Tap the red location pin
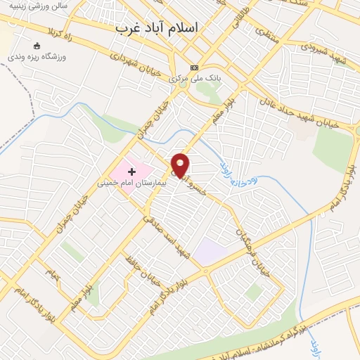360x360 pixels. [181, 165]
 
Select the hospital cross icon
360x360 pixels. [131, 172]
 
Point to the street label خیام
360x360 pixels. [49, 270]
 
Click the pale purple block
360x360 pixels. [210, 251]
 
